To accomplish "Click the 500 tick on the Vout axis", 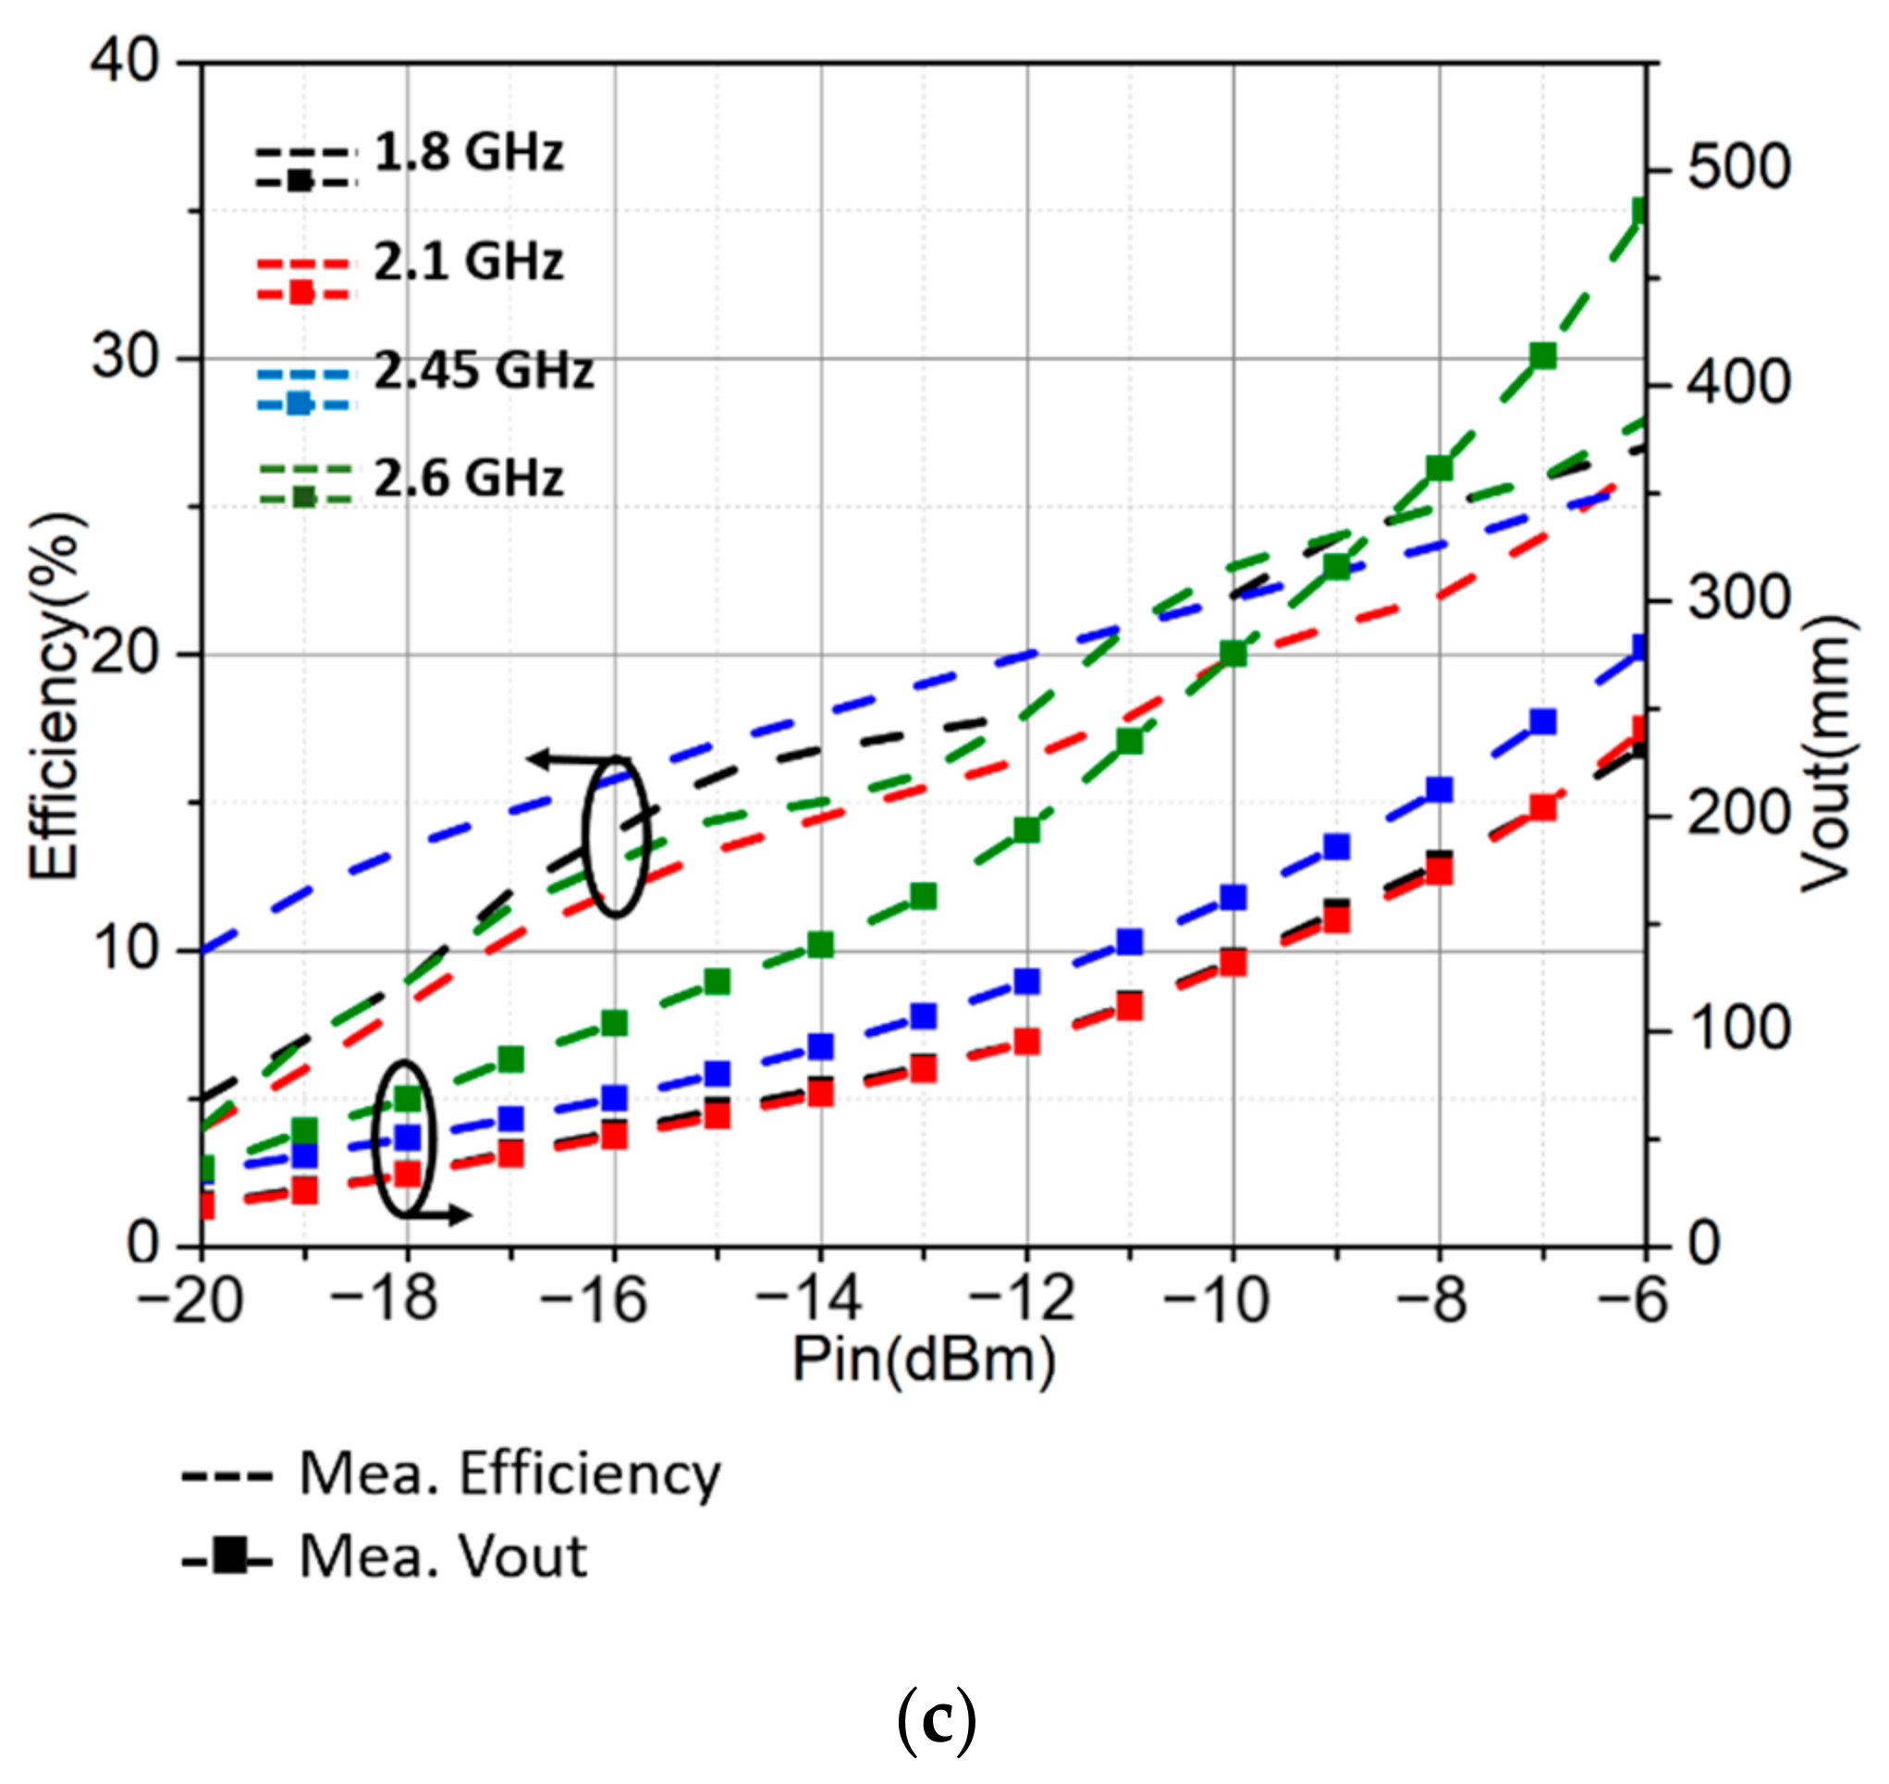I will pyautogui.click(x=1739, y=168).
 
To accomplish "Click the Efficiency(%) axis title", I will pyautogui.click(x=55, y=697).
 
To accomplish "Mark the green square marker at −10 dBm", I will pyautogui.click(x=1233, y=654).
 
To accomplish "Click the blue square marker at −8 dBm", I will pyautogui.click(x=1440, y=789).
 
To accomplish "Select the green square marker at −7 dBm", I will pyautogui.click(x=1543, y=357).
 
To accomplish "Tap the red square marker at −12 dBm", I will pyautogui.click(x=1026, y=1042).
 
